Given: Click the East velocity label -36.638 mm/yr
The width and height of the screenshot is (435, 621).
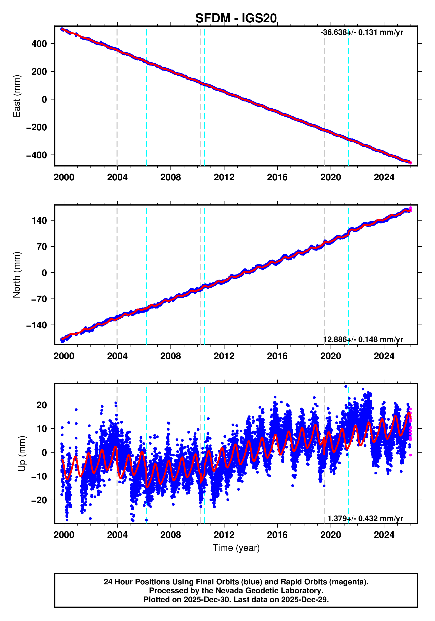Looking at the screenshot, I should pos(361,32).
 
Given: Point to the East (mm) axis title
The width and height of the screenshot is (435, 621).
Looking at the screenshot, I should pos(17,96).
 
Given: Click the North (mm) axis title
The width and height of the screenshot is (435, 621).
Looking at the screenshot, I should pos(17,275).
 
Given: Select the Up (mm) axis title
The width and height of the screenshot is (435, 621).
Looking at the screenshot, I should pos(22,454).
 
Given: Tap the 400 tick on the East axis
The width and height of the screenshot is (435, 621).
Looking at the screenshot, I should pos(39,44).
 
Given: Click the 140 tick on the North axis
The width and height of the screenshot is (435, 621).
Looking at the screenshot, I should pos(39,221).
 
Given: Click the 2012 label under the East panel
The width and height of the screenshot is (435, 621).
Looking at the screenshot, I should pos(224,177).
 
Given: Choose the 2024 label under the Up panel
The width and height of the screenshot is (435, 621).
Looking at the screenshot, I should pos(384,535).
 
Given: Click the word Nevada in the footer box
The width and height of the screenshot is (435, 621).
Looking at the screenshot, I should pos(227,591).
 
